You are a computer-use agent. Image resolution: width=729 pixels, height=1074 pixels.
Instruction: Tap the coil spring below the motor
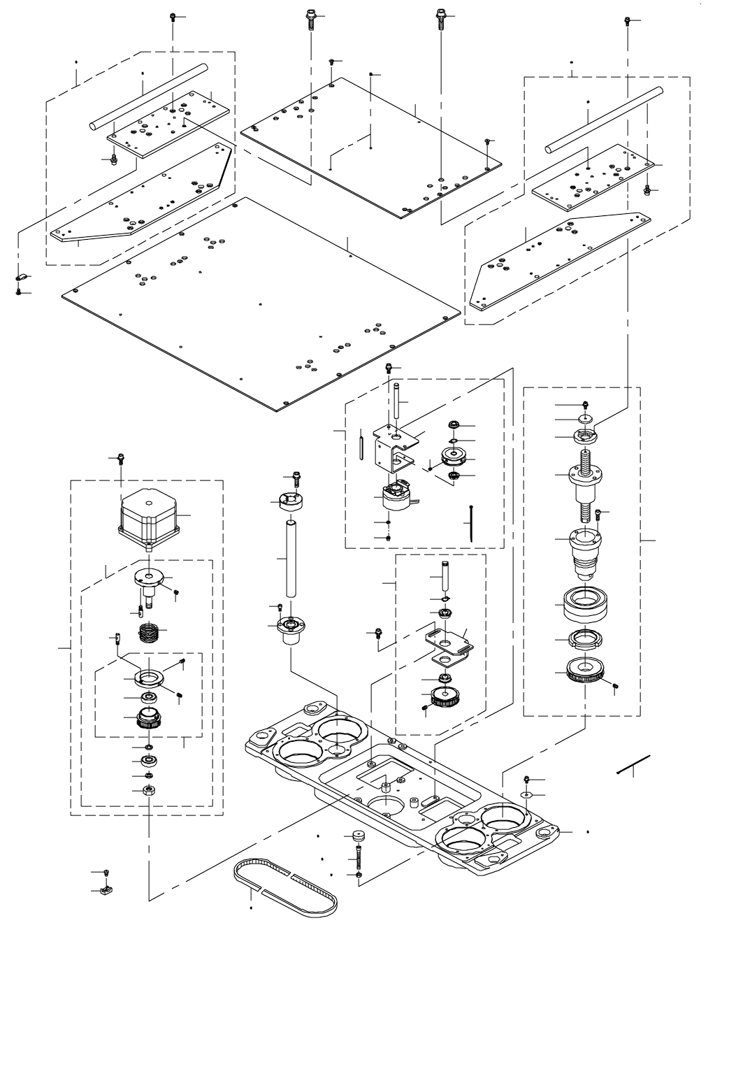tap(151, 632)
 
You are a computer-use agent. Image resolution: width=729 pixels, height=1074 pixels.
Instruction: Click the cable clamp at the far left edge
tap(20, 278)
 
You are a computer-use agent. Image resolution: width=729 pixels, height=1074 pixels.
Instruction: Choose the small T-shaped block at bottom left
tap(107, 891)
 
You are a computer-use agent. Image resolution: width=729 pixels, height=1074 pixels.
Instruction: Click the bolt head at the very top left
tap(173, 17)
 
